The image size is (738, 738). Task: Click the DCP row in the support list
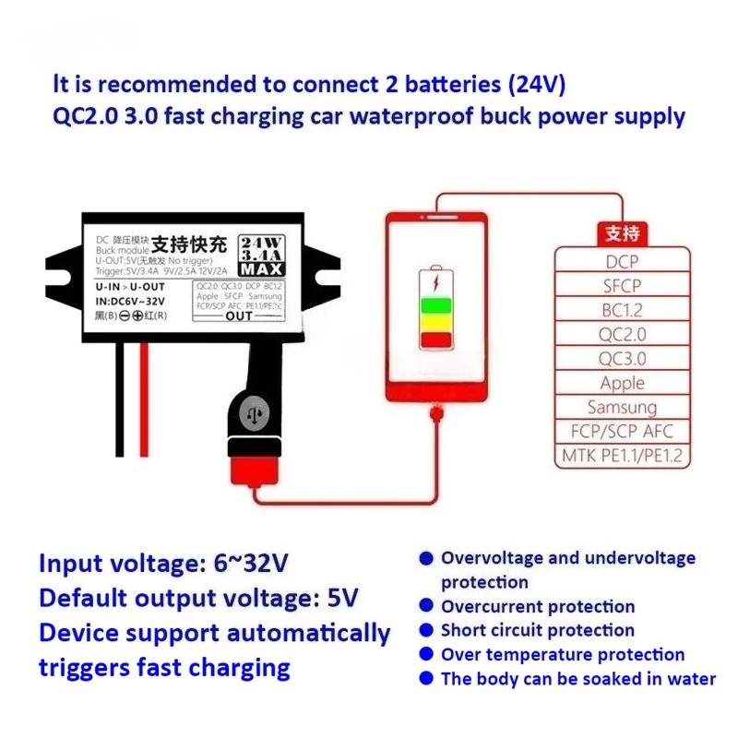(623, 261)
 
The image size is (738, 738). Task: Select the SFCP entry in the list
(623, 286)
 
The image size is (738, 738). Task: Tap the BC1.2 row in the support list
(623, 310)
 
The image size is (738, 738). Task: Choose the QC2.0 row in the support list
(623, 334)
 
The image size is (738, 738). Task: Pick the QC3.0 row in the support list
(623, 359)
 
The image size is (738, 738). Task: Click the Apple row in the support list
(623, 383)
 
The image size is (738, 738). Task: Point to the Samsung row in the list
(623, 407)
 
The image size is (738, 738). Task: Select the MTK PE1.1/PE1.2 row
(623, 455)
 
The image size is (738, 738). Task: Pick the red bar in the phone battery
(436, 339)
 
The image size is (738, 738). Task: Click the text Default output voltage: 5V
(198, 598)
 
